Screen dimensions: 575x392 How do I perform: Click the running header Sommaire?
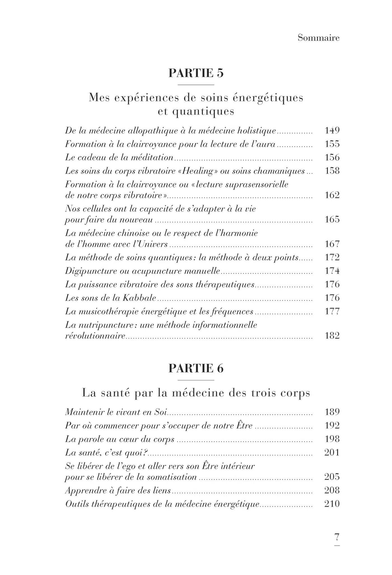tap(318, 38)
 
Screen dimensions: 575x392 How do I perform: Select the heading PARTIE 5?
tap(196, 73)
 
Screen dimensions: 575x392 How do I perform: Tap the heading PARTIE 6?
tap(196, 368)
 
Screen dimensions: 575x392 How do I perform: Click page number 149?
tap(332, 130)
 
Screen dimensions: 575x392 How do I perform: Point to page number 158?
tap(332, 171)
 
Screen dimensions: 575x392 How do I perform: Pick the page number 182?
tap(332, 336)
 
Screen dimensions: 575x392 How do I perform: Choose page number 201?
tap(332, 452)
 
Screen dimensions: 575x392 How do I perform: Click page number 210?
tap(332, 504)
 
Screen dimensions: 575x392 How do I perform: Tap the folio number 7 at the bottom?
tap(337, 537)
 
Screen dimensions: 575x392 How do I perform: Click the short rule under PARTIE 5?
tap(196, 85)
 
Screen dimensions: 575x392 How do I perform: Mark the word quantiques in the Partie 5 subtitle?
tap(203, 112)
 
